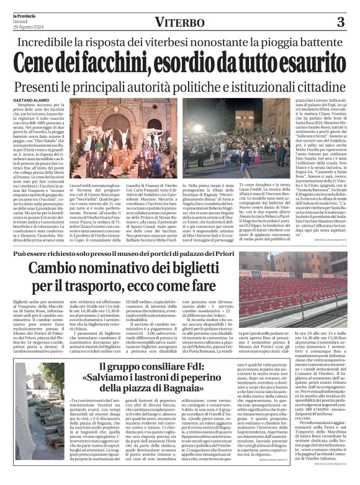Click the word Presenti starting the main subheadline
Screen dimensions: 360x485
pos(45,84)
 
